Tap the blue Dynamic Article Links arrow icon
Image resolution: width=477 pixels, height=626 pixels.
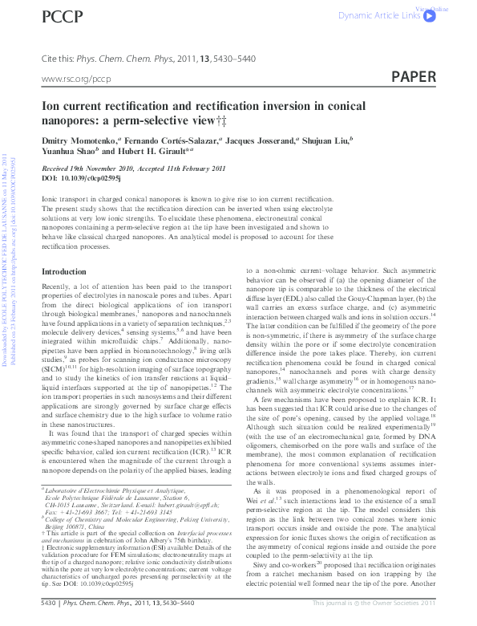tap(431, 15)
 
